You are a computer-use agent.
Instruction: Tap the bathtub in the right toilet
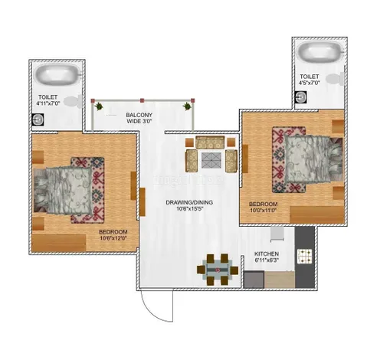click(x=318, y=53)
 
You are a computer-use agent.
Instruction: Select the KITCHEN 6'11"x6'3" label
click(x=267, y=257)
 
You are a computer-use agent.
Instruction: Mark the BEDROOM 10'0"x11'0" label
click(x=263, y=207)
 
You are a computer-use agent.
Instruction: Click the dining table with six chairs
click(x=217, y=268)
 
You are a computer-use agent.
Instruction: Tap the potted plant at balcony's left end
click(x=97, y=105)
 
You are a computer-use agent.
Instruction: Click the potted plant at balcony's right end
click(x=188, y=106)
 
